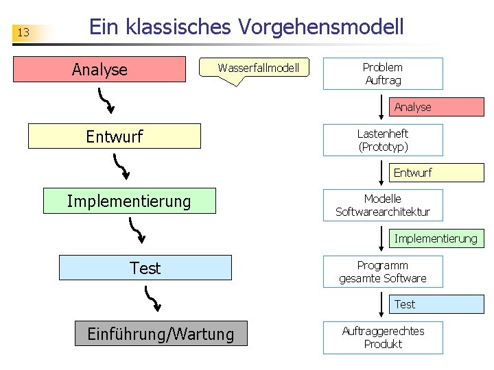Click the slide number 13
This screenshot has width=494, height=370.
coord(23,32)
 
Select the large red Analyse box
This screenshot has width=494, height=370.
coord(100,69)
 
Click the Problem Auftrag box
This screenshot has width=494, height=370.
coord(383,74)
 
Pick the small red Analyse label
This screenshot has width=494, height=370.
coord(413,107)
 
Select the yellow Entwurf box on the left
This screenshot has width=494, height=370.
coord(114,136)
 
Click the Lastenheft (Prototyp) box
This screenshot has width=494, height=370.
coord(383,140)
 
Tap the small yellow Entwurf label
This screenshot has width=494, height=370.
coord(413,173)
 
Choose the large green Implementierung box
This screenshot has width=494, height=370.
coord(129,201)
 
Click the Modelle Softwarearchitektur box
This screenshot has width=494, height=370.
coord(383,206)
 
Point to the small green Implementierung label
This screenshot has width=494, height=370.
coord(435,238)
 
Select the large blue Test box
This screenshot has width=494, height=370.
coord(145,268)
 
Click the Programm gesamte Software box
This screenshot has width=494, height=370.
coord(383,272)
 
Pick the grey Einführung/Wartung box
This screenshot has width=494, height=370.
coord(161,334)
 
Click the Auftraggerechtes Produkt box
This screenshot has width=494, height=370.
coord(383,338)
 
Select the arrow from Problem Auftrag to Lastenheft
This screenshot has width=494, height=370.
coord(383,107)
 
